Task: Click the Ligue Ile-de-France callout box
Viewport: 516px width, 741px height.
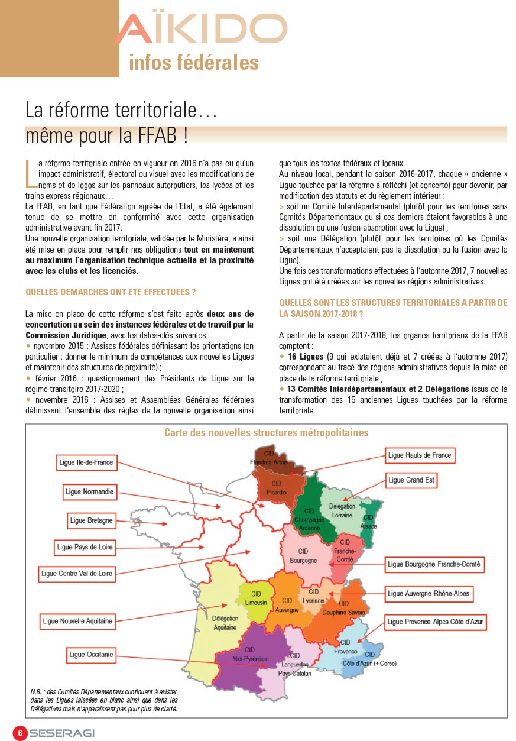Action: pyautogui.click(x=86, y=462)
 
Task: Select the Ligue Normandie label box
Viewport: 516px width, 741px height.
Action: pyautogui.click(x=90, y=492)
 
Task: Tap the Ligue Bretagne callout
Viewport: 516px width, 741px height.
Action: pyautogui.click(x=91, y=520)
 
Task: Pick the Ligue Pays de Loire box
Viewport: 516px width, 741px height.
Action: pyautogui.click(x=85, y=548)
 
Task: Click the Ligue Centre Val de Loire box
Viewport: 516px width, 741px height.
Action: pyautogui.click(x=77, y=574)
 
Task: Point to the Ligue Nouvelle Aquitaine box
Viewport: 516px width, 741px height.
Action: pyautogui.click(x=77, y=622)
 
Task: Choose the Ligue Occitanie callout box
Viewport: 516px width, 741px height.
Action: pyautogui.click(x=91, y=655)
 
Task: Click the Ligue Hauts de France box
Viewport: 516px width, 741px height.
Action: pyautogui.click(x=420, y=455)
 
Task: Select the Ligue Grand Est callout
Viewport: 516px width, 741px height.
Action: pyautogui.click(x=411, y=480)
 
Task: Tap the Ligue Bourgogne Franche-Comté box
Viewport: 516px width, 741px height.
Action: pyautogui.click(x=434, y=564)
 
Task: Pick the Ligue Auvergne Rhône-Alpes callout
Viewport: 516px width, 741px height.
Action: pyautogui.click(x=429, y=594)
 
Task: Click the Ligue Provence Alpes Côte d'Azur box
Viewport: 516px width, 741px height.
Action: pyautogui.click(x=435, y=622)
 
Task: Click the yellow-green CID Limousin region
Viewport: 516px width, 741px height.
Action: pyautogui.click(x=256, y=598)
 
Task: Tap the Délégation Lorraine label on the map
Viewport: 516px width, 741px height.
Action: pyautogui.click(x=342, y=510)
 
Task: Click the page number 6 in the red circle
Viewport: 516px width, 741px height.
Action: pyautogui.click(x=20, y=733)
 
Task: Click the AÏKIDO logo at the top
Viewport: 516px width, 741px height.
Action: pyautogui.click(x=201, y=30)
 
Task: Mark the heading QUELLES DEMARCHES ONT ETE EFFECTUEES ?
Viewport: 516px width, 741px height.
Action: pyautogui.click(x=111, y=292)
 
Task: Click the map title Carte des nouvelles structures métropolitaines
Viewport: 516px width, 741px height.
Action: pyautogui.click(x=266, y=433)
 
